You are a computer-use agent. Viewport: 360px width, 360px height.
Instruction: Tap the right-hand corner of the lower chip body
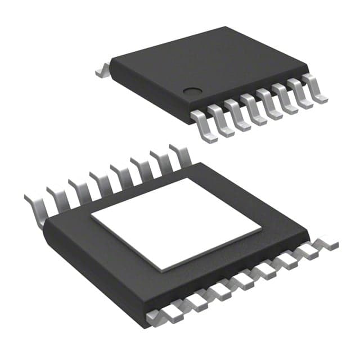pyautogui.click(x=308, y=232)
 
